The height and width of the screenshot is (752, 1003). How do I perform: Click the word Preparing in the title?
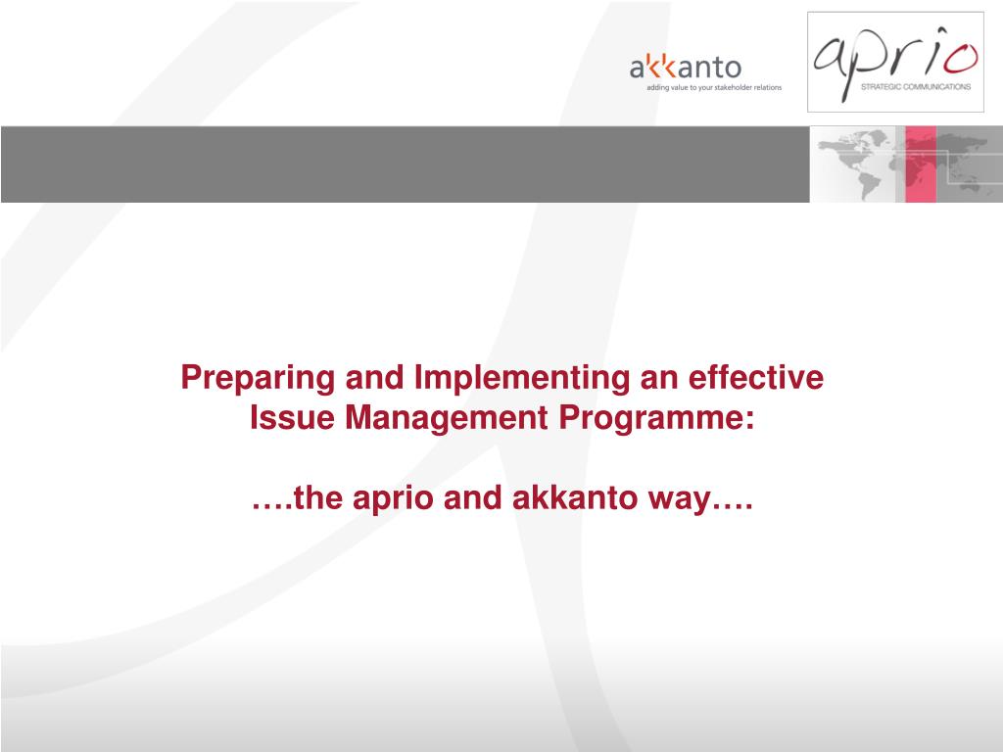(258, 378)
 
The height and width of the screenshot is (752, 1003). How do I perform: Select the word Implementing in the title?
(522, 378)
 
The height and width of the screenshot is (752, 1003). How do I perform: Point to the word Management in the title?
(446, 419)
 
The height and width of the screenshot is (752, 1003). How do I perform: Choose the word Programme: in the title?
(656, 419)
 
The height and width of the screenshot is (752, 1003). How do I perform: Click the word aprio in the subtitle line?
(393, 498)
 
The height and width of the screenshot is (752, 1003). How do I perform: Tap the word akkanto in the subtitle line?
(574, 497)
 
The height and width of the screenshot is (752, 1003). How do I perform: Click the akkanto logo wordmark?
(685, 67)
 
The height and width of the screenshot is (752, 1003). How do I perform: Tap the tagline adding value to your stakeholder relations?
(714, 87)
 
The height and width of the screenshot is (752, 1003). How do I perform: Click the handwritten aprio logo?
(895, 61)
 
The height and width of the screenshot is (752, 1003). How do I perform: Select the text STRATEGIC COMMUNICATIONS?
(916, 87)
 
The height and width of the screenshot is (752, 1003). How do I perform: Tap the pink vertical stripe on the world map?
(921, 164)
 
